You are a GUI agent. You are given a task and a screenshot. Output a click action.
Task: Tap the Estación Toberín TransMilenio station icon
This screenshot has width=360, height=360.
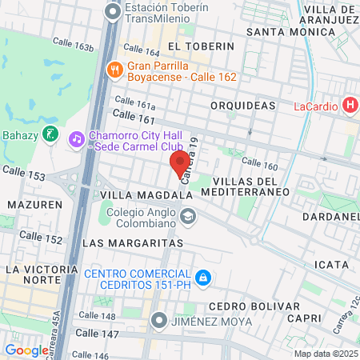112,10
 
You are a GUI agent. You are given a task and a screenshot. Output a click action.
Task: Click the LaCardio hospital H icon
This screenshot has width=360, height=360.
349,105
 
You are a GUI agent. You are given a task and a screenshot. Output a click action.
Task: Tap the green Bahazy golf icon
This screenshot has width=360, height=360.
50,134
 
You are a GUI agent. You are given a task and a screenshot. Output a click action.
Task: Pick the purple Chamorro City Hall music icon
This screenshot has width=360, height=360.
76,138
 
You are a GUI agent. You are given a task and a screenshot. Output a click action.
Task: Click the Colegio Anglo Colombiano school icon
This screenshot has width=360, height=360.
187,215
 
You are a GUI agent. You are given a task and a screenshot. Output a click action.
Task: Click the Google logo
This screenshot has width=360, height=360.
26,350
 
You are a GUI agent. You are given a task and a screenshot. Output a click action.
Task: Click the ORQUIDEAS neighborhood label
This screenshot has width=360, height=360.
242,105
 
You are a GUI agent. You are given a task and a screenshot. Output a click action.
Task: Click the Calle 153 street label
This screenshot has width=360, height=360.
22,172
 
